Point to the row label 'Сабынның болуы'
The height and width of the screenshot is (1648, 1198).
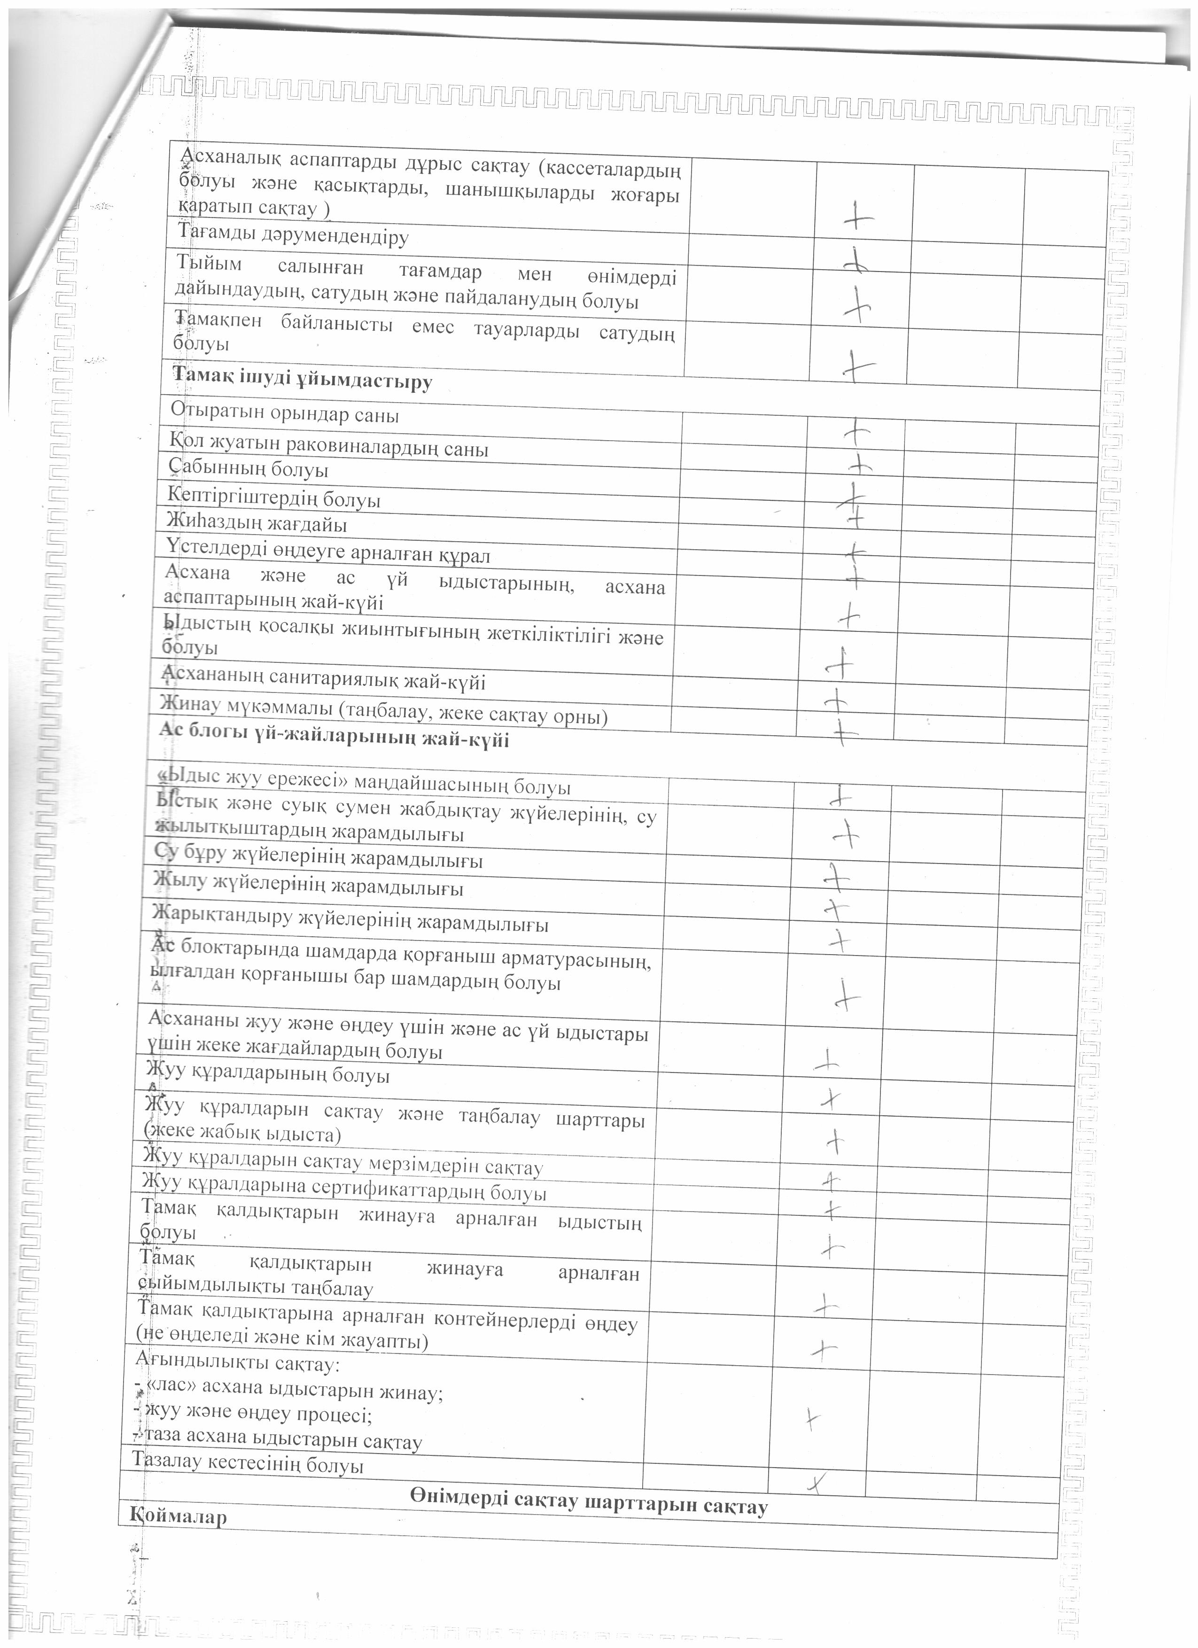click(x=248, y=469)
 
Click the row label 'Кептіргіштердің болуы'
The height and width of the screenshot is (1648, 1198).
click(x=274, y=498)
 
